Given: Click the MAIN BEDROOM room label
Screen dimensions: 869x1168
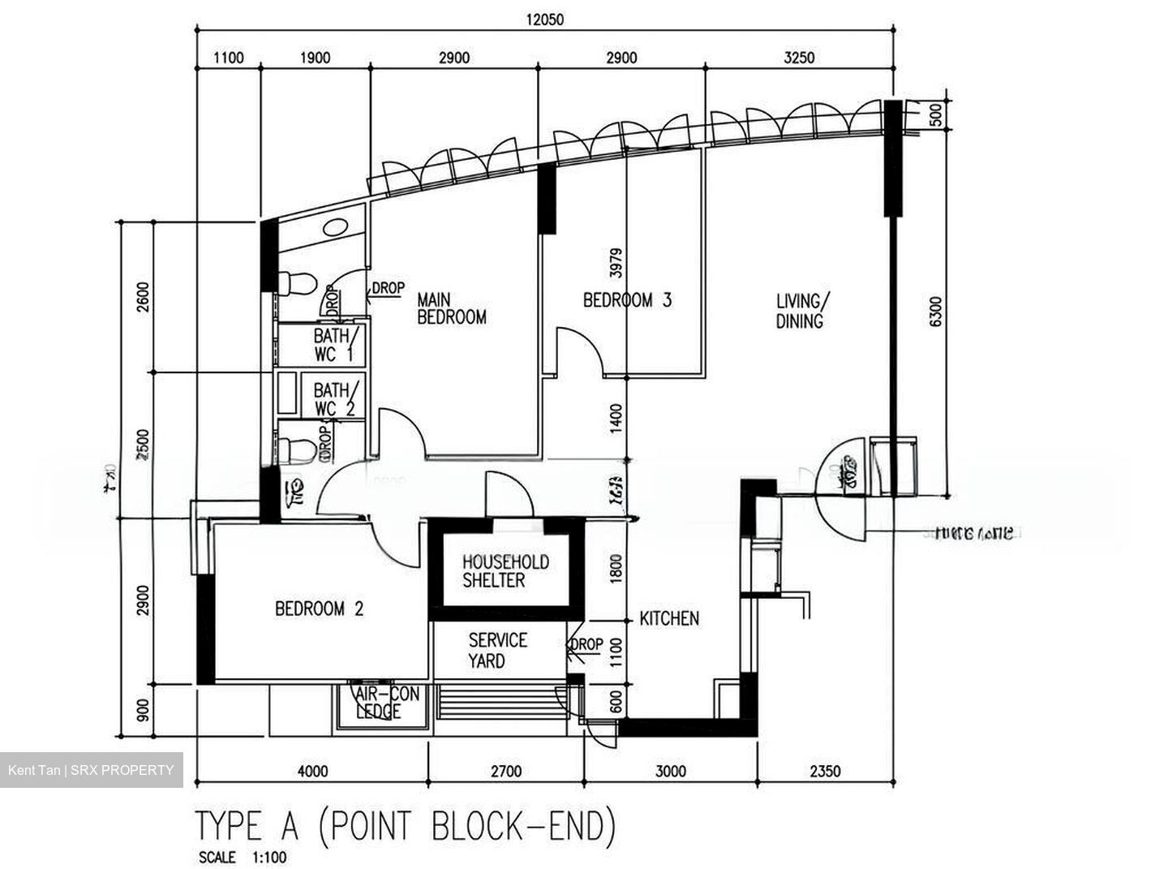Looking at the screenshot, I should click(451, 309).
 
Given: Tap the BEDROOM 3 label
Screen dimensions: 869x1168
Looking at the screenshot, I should click(627, 300).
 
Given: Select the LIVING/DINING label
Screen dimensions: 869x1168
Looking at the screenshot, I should click(800, 311).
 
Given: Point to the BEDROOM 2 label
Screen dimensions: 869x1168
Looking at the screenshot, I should click(319, 609).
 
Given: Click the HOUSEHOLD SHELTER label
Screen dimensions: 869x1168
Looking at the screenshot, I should click(505, 571).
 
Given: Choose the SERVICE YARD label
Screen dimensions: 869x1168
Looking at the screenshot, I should click(497, 651).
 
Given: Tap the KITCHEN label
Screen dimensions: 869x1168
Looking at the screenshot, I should click(669, 619).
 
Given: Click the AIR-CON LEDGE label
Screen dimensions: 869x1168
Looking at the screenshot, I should click(387, 703).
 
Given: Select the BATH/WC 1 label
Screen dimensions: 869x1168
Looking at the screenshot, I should click(333, 344).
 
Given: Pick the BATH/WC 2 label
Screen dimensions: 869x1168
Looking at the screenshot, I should click(333, 399).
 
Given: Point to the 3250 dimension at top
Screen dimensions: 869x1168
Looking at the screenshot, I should click(799, 58).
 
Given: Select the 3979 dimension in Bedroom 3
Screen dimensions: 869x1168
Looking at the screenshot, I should click(616, 264).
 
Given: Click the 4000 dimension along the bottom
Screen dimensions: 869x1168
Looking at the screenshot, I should click(312, 771).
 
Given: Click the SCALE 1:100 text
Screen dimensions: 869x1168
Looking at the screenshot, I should click(242, 857).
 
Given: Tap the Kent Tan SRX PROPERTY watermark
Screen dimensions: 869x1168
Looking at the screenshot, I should click(91, 770).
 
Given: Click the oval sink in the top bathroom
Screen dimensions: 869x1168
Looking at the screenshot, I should click(335, 228).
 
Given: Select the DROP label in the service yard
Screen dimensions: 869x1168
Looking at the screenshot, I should click(586, 644).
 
